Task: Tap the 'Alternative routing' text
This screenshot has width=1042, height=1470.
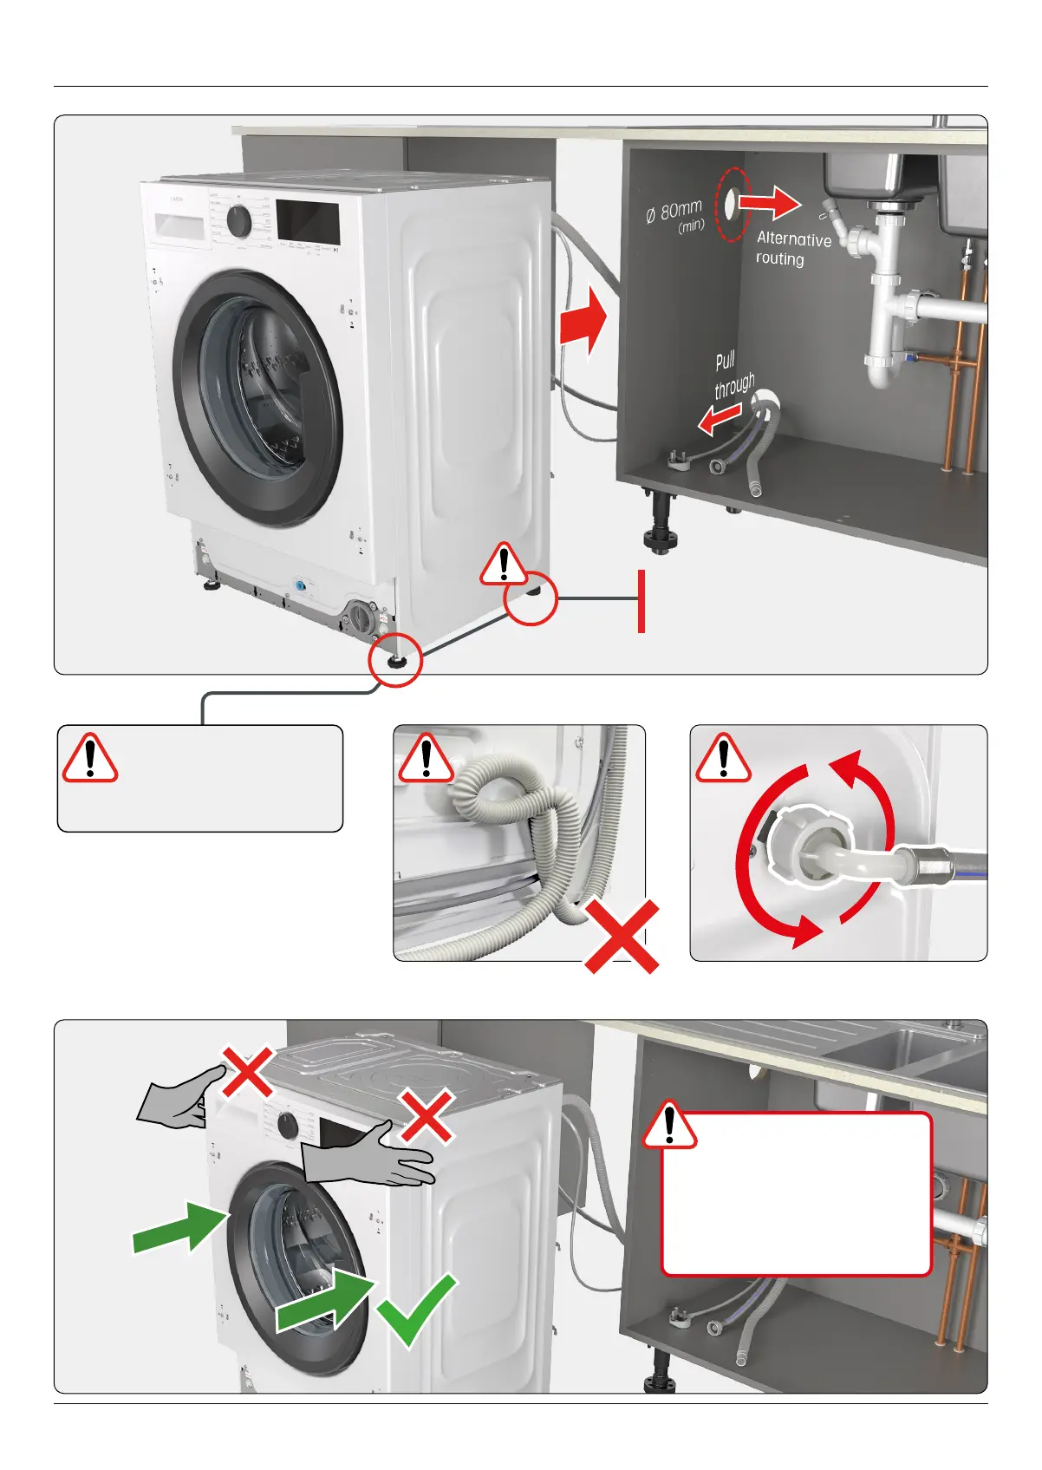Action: click(792, 249)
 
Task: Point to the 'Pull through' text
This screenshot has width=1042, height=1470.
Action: click(733, 375)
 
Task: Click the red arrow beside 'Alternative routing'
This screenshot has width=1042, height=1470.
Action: click(770, 203)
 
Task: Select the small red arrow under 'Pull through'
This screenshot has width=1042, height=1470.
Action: click(720, 421)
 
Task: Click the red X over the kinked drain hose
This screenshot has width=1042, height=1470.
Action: click(622, 936)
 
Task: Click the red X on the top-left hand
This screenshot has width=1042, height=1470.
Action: click(248, 1071)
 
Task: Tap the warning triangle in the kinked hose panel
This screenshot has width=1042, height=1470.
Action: click(425, 758)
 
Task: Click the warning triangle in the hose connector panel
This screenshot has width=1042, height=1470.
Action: click(723, 758)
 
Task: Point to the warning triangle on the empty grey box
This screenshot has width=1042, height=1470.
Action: click(89, 758)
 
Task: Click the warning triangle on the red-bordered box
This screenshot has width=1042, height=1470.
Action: click(668, 1126)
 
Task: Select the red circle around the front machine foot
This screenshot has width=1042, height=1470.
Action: click(394, 660)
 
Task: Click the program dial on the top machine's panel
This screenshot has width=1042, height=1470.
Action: click(238, 222)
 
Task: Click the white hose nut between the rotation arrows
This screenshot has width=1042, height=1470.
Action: click(799, 850)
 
